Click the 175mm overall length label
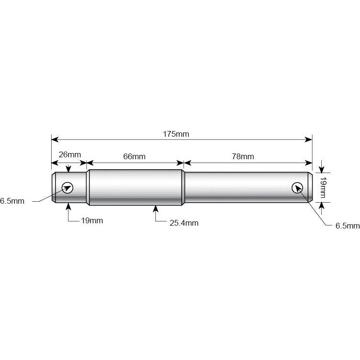click(176, 134)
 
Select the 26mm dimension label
click(70, 154)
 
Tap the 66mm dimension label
click(134, 157)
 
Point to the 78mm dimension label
click(243, 157)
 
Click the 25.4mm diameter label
click(184, 223)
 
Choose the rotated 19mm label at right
click(323, 187)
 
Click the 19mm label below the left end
click(92, 221)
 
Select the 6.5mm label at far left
click(12, 201)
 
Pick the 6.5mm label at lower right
click(348, 226)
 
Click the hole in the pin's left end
click(67, 187)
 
